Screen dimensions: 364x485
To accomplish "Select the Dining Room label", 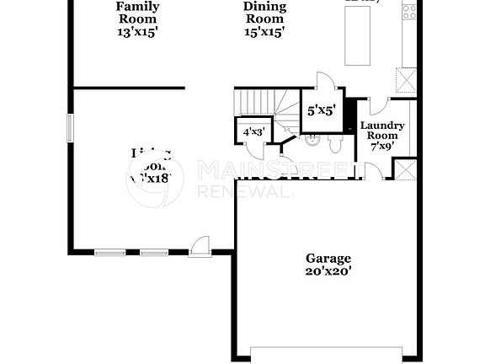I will tap(264, 13).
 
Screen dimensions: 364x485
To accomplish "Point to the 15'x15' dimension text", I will tap(264, 33).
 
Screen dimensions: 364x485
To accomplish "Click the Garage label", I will tap(328, 258).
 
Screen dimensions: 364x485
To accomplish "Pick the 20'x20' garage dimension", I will tap(328, 271).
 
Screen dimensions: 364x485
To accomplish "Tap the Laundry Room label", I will tap(382, 131).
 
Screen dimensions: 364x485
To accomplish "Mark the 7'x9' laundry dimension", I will tap(382, 146).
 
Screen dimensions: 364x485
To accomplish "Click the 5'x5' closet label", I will tap(321, 110).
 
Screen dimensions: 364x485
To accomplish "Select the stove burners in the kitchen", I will tap(409, 12).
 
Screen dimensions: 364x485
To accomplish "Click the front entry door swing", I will tap(200, 245).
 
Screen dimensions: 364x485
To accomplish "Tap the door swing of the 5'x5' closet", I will tap(324, 82).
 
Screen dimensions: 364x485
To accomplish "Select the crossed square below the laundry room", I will tap(406, 170).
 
